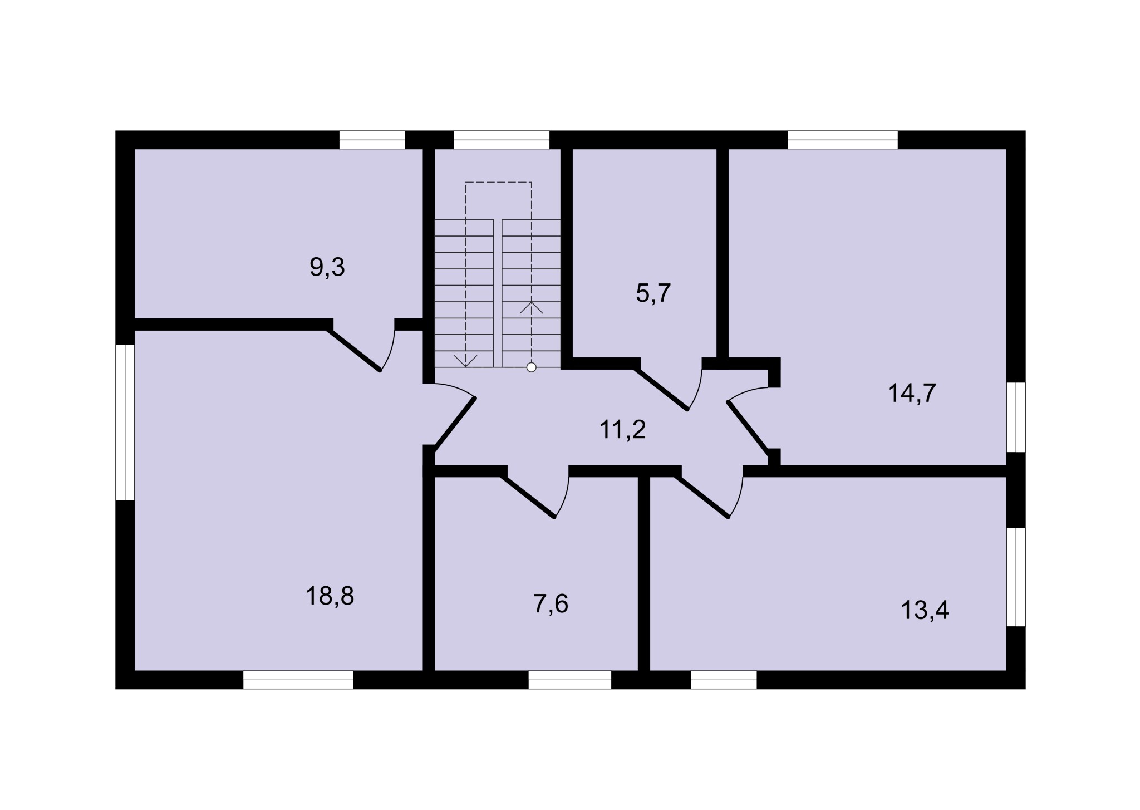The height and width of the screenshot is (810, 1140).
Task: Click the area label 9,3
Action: coord(327,268)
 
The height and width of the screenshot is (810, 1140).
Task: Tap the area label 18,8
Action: coord(330,596)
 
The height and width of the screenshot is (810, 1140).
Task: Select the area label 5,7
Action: coord(653,293)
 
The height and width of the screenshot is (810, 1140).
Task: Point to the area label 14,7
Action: coord(912,394)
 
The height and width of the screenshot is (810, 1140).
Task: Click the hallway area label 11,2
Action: coord(622,430)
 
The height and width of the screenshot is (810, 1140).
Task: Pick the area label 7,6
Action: coord(551,604)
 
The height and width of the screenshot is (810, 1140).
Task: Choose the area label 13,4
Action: coord(925,610)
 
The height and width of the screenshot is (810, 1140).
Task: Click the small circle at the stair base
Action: coord(532,367)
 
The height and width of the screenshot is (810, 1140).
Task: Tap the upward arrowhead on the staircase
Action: coord(531,307)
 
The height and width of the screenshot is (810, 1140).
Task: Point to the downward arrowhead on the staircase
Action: coord(465,361)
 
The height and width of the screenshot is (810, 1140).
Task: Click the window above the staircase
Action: coord(502,140)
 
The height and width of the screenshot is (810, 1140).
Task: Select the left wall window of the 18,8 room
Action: coord(125,423)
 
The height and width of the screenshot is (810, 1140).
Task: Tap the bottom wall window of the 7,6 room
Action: coord(569,680)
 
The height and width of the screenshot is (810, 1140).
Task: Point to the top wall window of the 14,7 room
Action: coord(843,140)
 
